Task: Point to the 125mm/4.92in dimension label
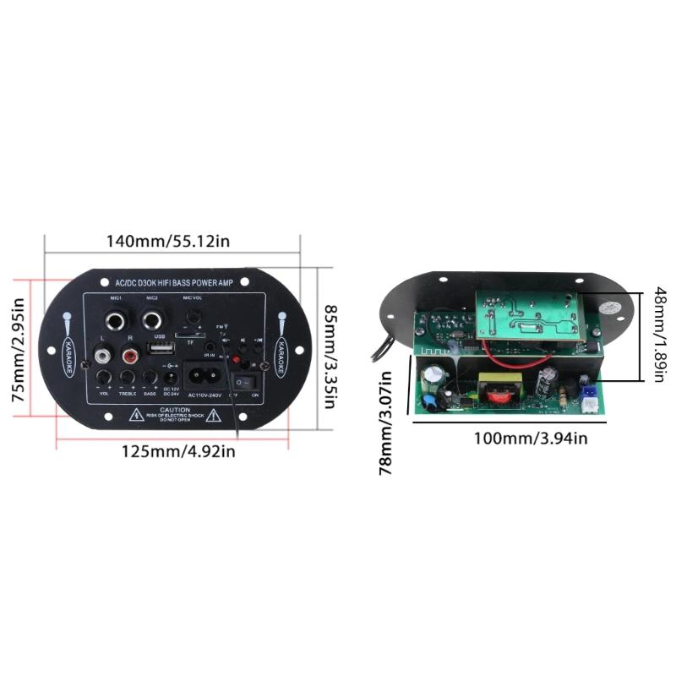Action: click(x=178, y=451)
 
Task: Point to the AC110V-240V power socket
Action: click(x=204, y=373)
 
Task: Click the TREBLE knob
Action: click(x=128, y=377)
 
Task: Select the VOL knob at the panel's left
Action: click(x=104, y=377)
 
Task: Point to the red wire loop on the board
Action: click(x=513, y=367)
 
